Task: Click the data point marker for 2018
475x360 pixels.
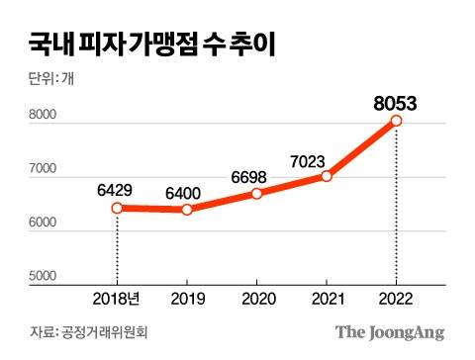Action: click(117, 208)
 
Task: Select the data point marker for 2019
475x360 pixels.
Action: click(187, 210)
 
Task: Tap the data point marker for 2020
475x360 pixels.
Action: click(257, 194)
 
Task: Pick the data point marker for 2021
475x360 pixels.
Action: click(327, 177)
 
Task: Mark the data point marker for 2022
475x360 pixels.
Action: click(397, 121)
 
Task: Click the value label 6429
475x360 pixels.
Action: click(117, 188)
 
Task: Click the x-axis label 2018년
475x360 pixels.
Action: click(116, 299)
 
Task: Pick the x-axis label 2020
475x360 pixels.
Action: click(257, 299)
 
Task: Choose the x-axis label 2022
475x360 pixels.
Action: click(397, 299)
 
